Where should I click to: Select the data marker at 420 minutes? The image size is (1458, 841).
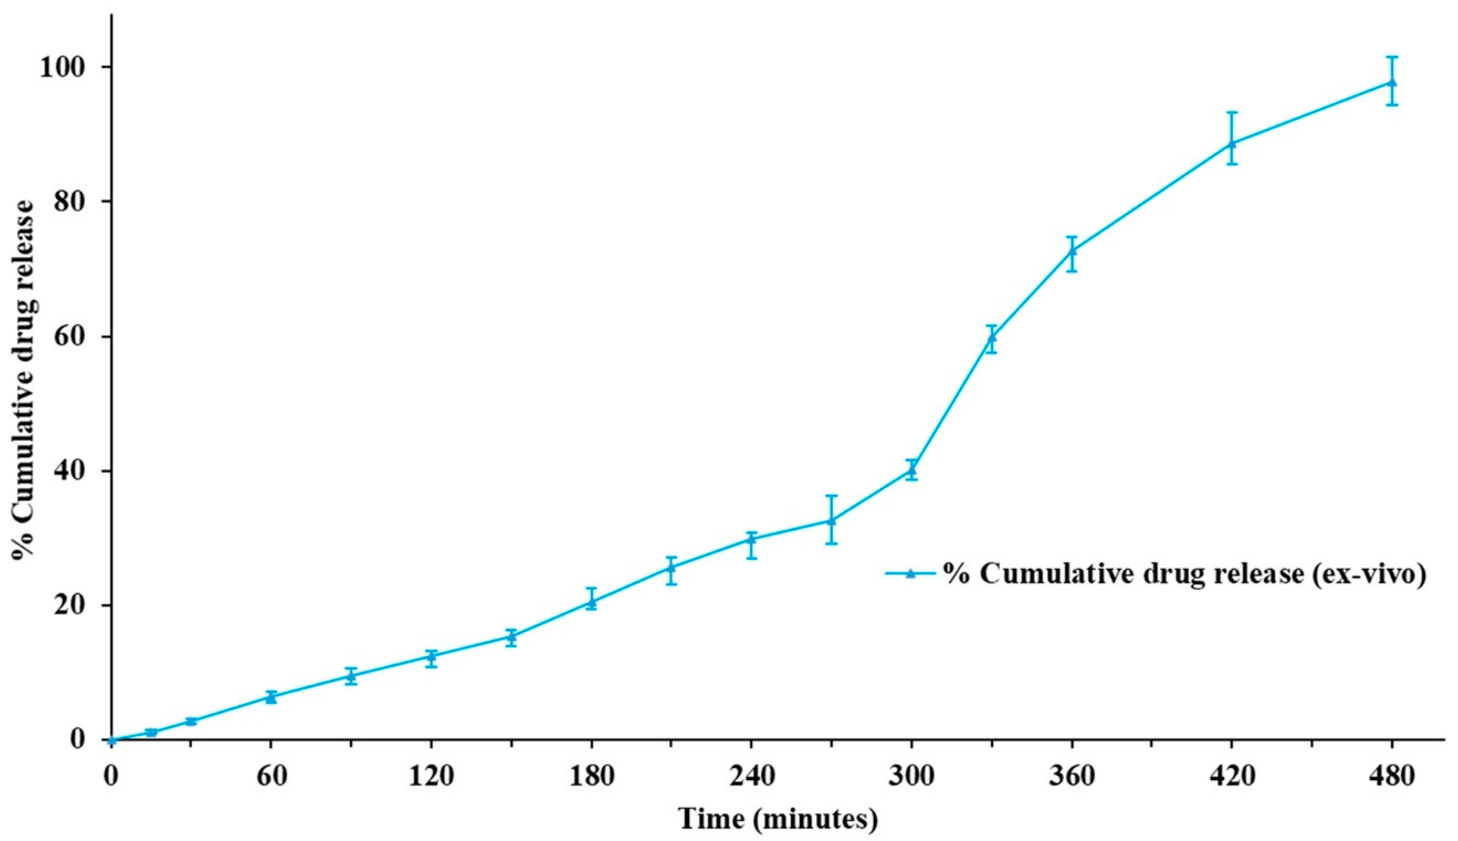(x=1232, y=143)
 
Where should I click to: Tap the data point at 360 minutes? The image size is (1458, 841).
(x=1072, y=251)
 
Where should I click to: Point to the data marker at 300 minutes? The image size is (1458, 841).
(x=911, y=470)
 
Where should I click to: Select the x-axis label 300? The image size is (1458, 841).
(x=911, y=777)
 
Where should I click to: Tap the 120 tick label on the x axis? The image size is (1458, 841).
(x=431, y=777)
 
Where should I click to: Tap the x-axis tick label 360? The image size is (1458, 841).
(x=1072, y=777)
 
